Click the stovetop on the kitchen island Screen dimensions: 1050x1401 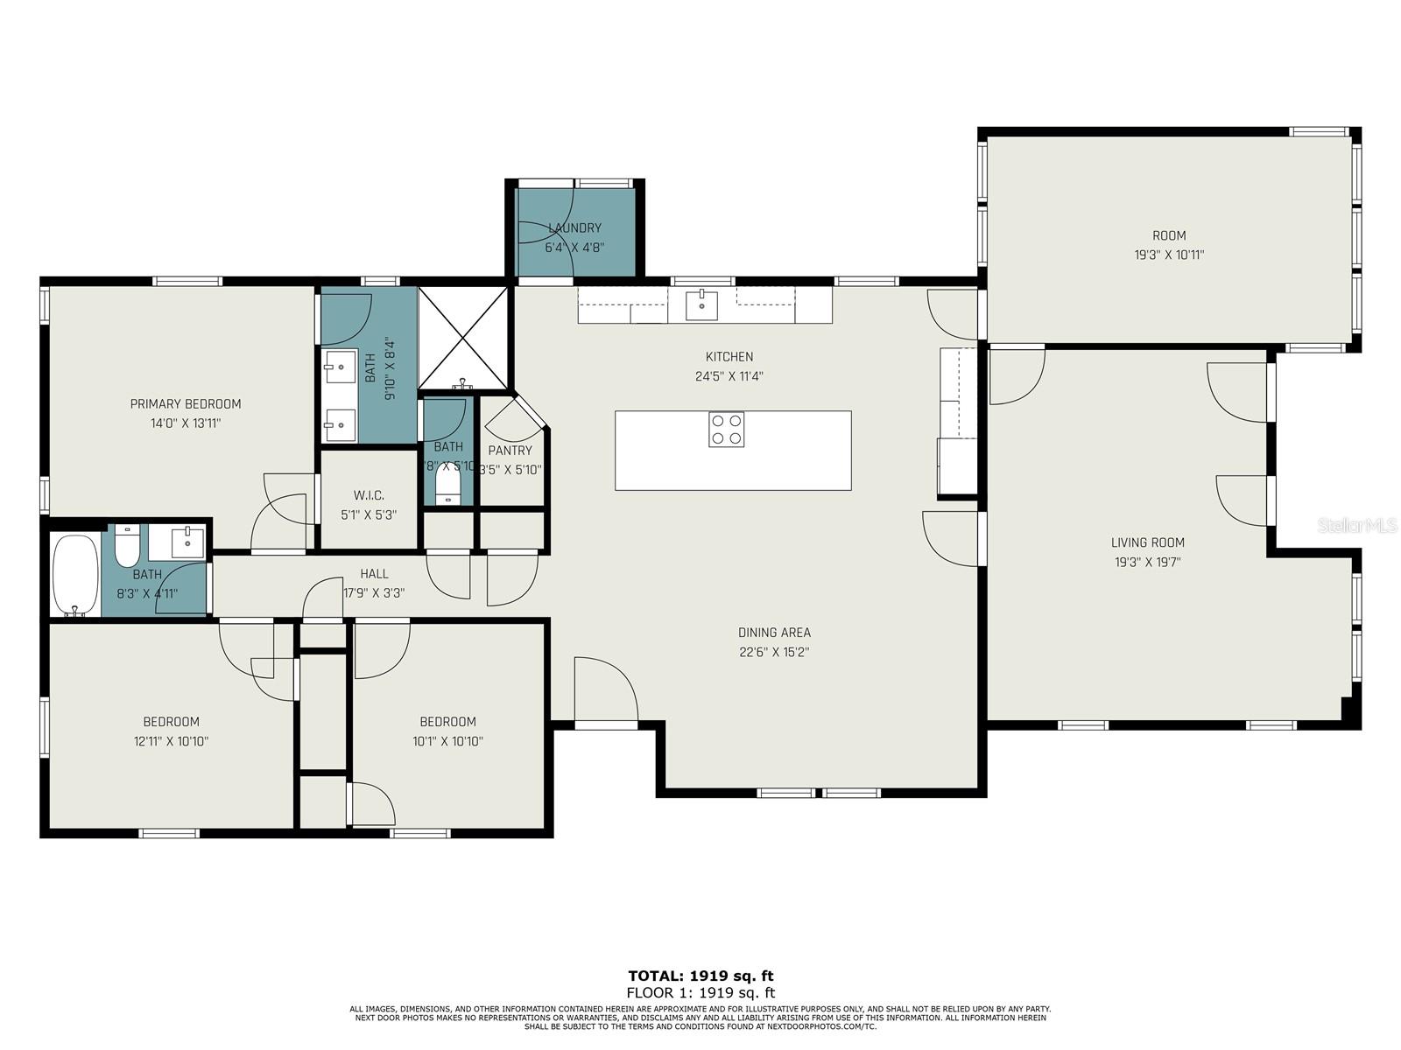coord(726,430)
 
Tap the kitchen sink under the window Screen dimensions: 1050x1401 coord(701,305)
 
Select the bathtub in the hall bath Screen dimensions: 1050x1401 coord(74,575)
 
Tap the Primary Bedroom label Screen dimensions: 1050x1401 coord(186,404)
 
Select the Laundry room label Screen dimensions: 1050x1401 coord(574,228)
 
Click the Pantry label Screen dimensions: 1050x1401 coord(510,451)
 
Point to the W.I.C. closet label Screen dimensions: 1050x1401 coord(369,495)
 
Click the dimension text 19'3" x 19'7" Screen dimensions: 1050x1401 coord(1147,563)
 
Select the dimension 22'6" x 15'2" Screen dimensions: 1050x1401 coord(773,652)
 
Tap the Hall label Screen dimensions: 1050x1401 coord(374,574)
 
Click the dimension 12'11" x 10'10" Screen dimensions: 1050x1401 coord(171,741)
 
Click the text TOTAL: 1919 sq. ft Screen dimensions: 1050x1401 coord(700,976)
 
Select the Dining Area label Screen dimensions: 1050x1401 coord(774,633)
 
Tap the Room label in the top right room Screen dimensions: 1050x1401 coord(1169,235)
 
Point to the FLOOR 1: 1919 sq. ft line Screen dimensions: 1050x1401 coord(700,992)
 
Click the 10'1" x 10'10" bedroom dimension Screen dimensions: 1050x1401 coord(447,741)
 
